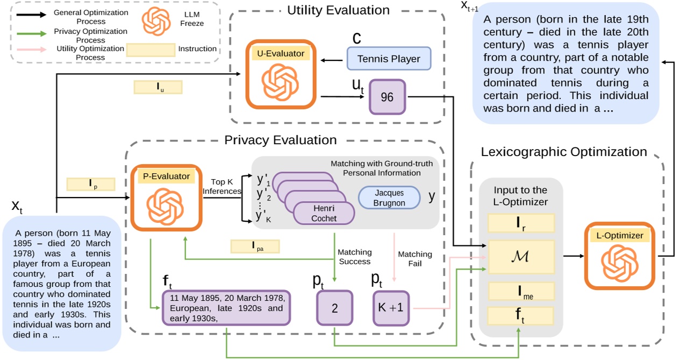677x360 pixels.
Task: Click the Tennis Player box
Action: coord(389,59)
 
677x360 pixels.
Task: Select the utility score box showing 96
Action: coord(387,97)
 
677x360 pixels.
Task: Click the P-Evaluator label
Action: coord(166,176)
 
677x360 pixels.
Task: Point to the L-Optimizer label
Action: coord(619,236)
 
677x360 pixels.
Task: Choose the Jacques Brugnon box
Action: coord(389,197)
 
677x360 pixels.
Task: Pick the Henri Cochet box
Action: coord(324,214)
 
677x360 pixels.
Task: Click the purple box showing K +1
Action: coord(391,308)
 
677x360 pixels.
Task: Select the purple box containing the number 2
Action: coord(334,308)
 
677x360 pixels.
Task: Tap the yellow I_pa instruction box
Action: coord(255,246)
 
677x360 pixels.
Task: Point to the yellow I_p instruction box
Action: coord(90,184)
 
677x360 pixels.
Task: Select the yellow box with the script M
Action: coord(521,257)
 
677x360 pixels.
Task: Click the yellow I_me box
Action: coord(521,291)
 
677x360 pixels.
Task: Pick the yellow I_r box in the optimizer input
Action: coord(521,223)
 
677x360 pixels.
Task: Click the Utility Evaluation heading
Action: coord(338,10)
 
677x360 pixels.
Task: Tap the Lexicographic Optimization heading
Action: coord(564,152)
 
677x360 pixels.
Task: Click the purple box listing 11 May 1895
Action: coord(226,308)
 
